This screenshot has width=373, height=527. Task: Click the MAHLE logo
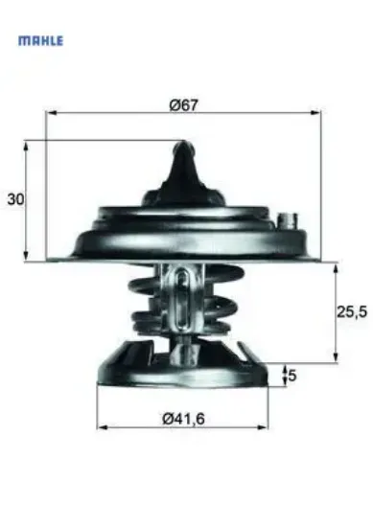41,42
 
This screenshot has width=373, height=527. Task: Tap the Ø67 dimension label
183,105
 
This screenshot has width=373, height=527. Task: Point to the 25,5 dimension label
353,311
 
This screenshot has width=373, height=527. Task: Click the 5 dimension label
292,376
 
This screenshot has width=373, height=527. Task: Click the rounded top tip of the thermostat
184,149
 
